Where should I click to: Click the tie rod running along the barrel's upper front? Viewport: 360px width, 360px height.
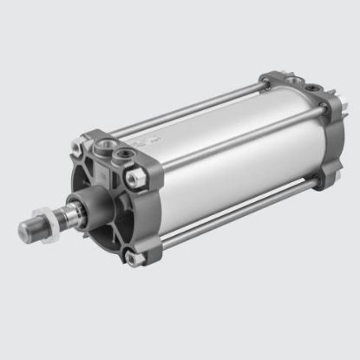click(x=173, y=121)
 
